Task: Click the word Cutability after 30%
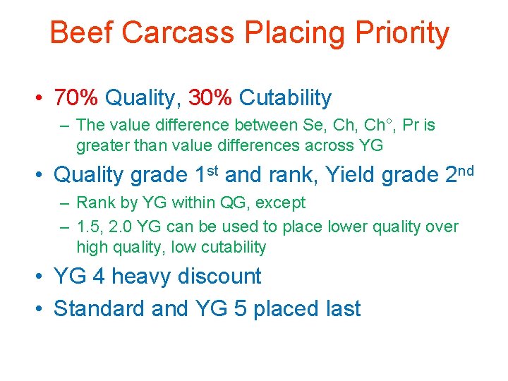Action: click(285, 97)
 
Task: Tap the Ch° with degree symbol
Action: click(375, 126)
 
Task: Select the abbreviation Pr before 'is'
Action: click(411, 126)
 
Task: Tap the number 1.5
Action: click(88, 227)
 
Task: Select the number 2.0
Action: click(123, 227)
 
